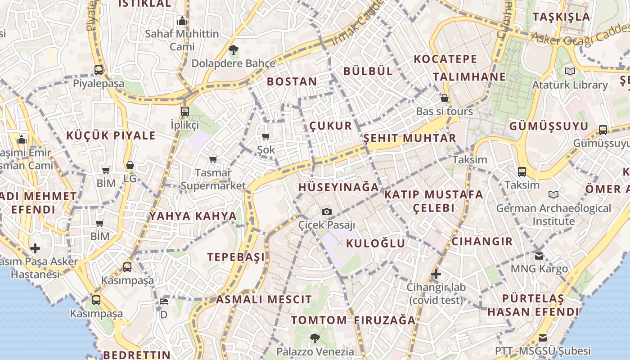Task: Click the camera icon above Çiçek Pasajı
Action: pos(327,211)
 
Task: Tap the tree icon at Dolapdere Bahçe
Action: pos(233,49)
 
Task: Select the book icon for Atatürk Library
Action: pos(570,71)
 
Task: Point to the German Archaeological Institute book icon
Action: pos(553,194)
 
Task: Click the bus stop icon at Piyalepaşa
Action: pos(99,70)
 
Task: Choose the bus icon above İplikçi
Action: pos(184,111)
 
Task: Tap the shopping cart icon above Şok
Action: pos(266,136)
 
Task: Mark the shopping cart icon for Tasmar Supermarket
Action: pos(213,159)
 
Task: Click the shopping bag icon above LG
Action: pos(130,166)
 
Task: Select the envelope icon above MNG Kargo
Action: pos(539,256)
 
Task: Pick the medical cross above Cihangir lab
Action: pos(436,274)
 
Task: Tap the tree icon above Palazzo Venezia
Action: pos(315,337)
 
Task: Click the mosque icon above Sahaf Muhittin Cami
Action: pos(182,21)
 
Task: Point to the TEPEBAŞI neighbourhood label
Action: pos(236,257)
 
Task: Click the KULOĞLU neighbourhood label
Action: pos(376,243)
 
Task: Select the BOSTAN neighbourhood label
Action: pos(292,81)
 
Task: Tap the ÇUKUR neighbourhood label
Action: pos(331,126)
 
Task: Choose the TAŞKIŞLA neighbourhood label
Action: pos(561,17)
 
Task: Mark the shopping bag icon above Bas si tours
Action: pos(445,98)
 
